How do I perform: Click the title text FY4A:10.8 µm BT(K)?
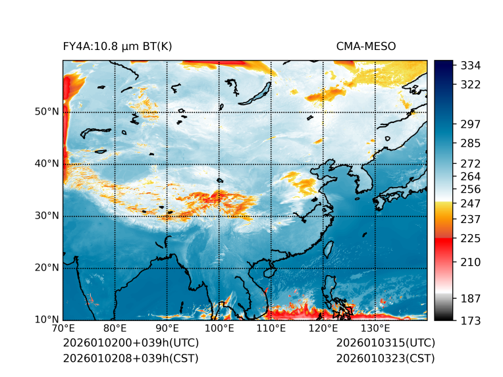(117, 46)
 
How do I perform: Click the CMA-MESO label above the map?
(365, 46)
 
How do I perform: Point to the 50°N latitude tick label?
(47, 112)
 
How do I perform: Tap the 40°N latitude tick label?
(47, 164)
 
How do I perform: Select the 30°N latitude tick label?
(47, 216)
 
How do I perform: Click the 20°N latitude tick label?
(47, 268)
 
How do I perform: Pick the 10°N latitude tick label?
(47, 320)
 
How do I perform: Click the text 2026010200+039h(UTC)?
(130, 343)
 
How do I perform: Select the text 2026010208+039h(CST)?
(130, 358)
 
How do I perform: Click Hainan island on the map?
(268, 272)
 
